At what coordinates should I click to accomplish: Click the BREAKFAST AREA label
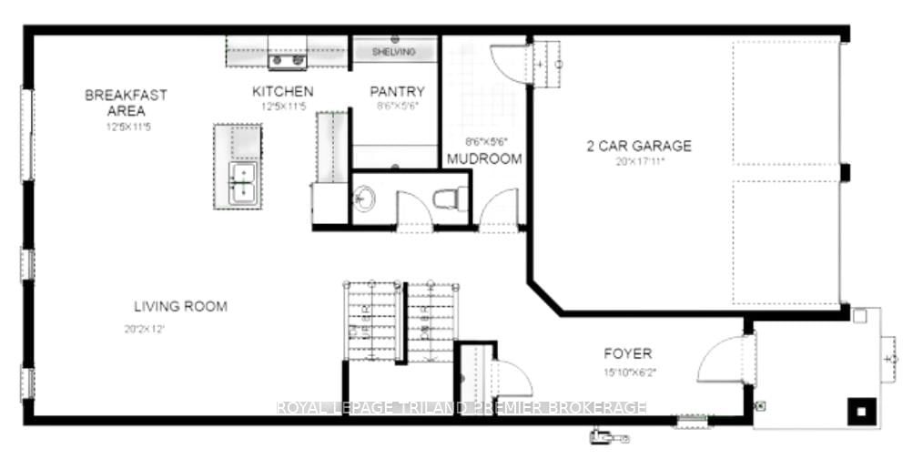(x=126, y=102)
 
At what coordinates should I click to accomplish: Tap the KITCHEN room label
(x=282, y=92)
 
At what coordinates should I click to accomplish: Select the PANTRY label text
(x=397, y=92)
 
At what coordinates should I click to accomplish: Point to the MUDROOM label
(x=484, y=159)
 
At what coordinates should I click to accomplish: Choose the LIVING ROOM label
(x=180, y=307)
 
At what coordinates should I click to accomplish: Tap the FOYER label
(x=627, y=353)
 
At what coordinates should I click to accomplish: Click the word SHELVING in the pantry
(x=393, y=52)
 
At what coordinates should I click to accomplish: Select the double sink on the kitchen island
(x=243, y=182)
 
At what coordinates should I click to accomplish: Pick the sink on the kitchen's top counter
(x=286, y=61)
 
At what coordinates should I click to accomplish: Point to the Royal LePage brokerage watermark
(x=461, y=408)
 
